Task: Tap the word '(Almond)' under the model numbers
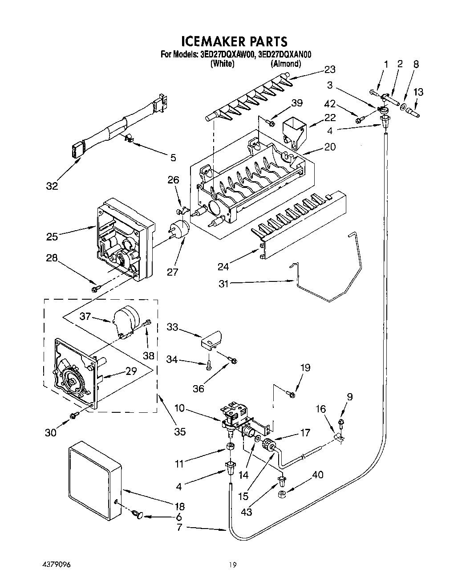pos(285,64)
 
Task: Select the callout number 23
pos(330,69)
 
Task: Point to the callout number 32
pos(52,186)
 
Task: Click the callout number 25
pos(52,236)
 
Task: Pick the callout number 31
pos(223,283)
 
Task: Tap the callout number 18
pos(180,506)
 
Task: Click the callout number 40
pos(318,475)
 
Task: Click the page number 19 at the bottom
pos(233,565)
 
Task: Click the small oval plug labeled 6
pos(138,516)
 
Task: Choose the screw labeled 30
pos(73,415)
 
